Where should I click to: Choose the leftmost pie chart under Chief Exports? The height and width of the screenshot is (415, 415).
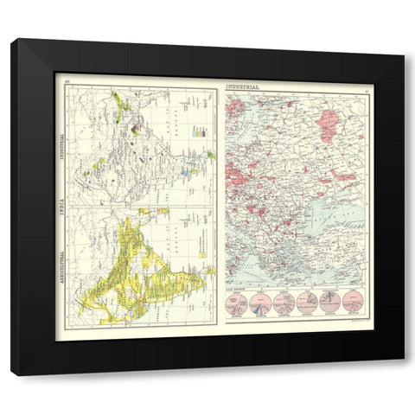239,303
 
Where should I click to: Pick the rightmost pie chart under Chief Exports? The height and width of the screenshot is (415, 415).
352,302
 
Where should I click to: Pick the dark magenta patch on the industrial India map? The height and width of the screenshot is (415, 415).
135,131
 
